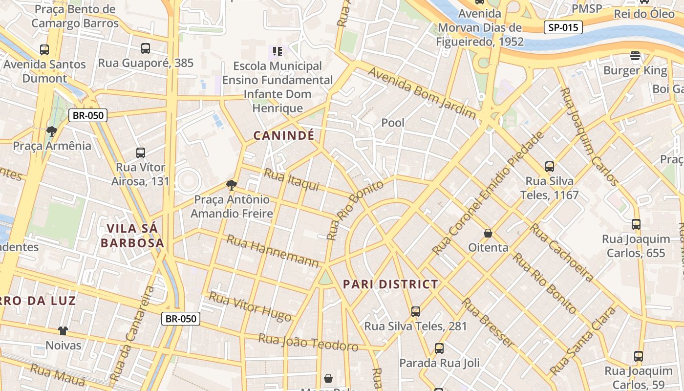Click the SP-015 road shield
coord(563,27)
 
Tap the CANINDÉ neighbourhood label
coord(284,136)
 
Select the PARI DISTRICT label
coord(390,284)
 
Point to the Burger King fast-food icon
coord(635,56)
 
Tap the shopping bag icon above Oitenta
coord(488,233)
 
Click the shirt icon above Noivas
coord(63,331)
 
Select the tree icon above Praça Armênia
coord(51,131)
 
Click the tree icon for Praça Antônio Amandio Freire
coord(231,185)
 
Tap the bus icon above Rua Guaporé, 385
coord(146,48)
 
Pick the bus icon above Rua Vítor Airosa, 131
coord(141,152)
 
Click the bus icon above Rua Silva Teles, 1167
coord(550,167)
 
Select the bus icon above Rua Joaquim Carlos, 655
coord(636,224)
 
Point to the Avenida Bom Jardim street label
coord(422,93)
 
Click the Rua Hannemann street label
coord(273,252)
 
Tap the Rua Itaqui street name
coord(291,180)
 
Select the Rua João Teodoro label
coord(308,343)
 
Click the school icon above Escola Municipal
coord(278,51)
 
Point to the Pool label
coord(393,123)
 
